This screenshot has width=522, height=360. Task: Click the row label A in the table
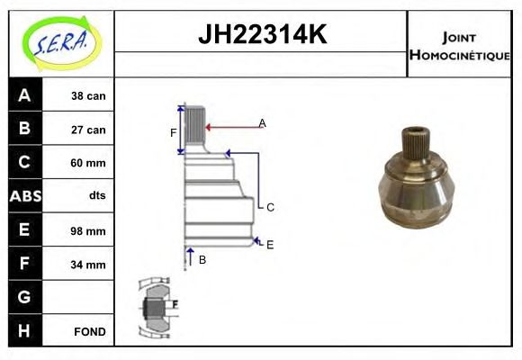click(x=24, y=94)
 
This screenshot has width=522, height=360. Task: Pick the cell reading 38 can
click(x=89, y=95)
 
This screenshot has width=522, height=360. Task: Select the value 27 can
click(x=89, y=130)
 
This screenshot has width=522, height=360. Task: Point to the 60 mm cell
click(x=89, y=163)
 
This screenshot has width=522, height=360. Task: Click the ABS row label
click(x=24, y=196)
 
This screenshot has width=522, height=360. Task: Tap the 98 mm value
click(x=89, y=230)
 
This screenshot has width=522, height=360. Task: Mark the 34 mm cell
click(x=89, y=265)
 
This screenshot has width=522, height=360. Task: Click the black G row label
click(x=24, y=297)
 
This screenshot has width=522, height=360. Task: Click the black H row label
click(x=24, y=331)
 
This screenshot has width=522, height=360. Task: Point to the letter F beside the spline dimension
click(x=174, y=132)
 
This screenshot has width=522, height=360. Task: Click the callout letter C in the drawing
click(x=269, y=207)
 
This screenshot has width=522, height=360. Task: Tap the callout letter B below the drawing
click(x=202, y=259)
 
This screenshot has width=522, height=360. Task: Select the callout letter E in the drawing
click(x=269, y=244)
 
